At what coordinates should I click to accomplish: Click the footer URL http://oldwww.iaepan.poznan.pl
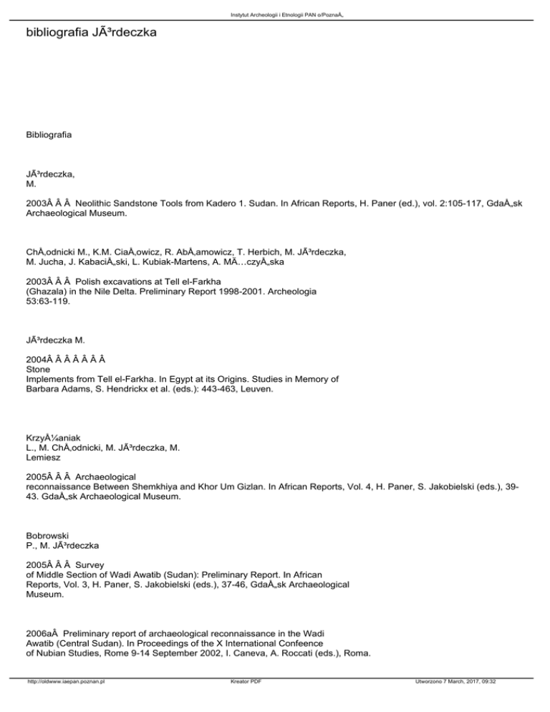pos(63,703)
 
